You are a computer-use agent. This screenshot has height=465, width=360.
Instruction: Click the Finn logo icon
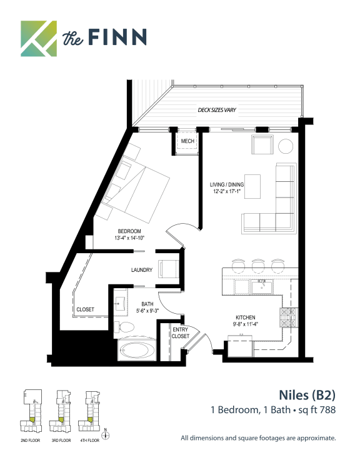[38, 37]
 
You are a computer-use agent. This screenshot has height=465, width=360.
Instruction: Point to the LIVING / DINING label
[226, 185]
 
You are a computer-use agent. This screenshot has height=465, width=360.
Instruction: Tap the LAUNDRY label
[142, 270]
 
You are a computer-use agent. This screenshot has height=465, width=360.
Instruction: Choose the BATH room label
[147, 304]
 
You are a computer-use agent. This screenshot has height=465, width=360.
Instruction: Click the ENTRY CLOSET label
[180, 332]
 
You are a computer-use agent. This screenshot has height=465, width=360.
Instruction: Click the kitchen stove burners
[289, 317]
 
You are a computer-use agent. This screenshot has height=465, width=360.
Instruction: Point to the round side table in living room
[286, 146]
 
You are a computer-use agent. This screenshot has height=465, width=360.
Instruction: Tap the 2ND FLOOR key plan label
[31, 441]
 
